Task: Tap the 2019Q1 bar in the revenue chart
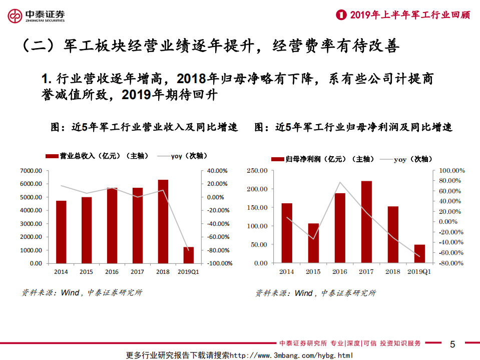pyautogui.click(x=188, y=255)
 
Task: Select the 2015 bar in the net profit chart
pyautogui.click(x=313, y=243)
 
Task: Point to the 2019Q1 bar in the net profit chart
pyautogui.click(x=419, y=253)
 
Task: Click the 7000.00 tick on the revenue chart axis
pyautogui.click(x=31, y=171)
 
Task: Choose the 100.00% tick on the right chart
pyautogui.click(x=451, y=171)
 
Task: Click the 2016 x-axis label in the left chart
pyautogui.click(x=112, y=272)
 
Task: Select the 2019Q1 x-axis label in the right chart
pyautogui.click(x=419, y=272)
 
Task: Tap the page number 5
pyautogui.click(x=452, y=344)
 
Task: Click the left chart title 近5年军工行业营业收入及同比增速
pyautogui.click(x=145, y=127)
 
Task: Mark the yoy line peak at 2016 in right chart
pyautogui.click(x=339, y=182)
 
